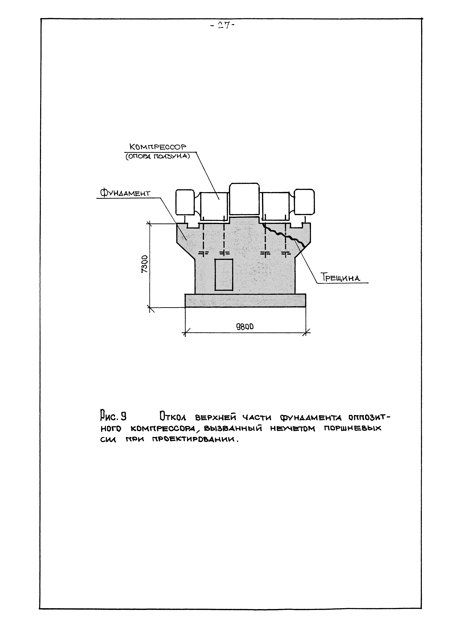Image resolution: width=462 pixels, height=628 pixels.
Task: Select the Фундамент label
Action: (x=125, y=193)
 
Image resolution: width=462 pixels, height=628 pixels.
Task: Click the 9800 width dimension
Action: (x=245, y=327)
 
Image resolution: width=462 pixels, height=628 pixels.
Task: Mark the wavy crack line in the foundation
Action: (x=285, y=235)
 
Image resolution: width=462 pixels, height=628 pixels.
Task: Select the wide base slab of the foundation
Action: (x=245, y=301)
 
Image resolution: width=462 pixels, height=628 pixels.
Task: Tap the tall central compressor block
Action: (x=244, y=199)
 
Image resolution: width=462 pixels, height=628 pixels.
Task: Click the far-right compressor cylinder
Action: (x=305, y=202)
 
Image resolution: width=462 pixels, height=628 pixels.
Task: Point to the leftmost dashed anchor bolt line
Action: (x=203, y=236)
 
